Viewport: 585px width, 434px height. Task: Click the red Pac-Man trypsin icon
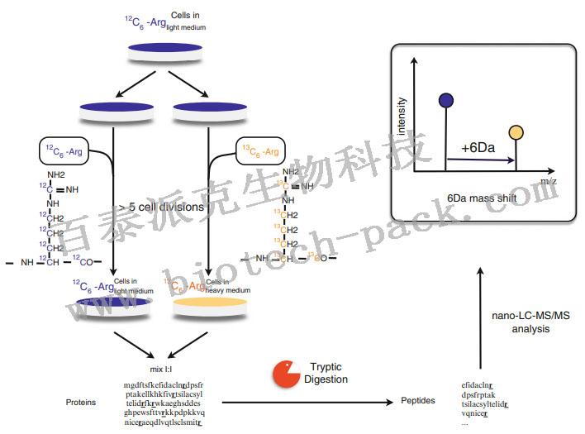pos(286,374)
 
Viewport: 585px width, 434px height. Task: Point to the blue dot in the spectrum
pos(446,100)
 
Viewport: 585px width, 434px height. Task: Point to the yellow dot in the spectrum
pos(516,132)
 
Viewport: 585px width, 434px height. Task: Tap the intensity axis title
pos(402,117)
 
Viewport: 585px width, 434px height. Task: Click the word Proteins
pos(81,402)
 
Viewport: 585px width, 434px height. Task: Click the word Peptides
pos(418,401)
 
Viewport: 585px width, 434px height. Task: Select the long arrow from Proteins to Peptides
pos(306,403)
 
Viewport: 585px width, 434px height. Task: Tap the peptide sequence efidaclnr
pos(478,385)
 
